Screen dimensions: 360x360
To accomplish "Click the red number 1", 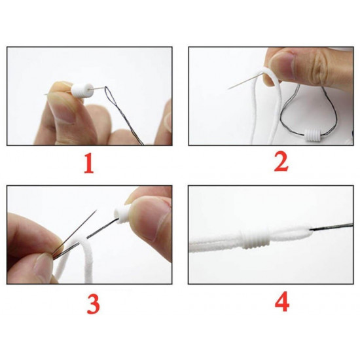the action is coord(89,164).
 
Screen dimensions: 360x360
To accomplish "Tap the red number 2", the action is coord(281,162).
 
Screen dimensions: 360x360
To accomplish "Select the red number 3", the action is coord(93,304).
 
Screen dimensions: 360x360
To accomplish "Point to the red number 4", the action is coord(282,302).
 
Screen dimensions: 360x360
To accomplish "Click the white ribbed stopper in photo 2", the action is coord(312,136).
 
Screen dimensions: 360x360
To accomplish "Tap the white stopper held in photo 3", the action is coord(122,214).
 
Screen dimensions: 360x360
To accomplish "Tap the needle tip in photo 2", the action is coord(229,88).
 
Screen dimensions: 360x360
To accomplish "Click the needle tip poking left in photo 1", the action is coord(45,94).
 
